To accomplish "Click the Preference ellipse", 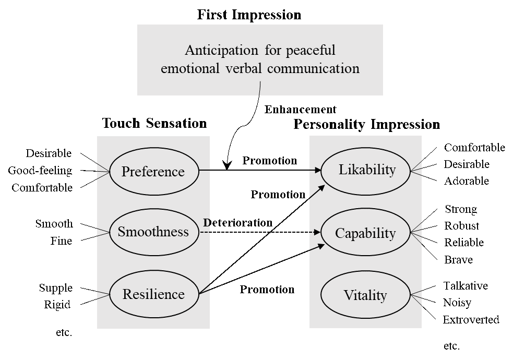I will click(153, 172).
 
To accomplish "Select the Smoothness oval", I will click(153, 232).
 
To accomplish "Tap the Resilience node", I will click(153, 294).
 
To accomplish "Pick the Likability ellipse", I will click(366, 170).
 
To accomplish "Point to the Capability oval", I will click(365, 233).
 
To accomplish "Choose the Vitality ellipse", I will click(365, 295).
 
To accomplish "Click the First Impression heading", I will click(249, 15).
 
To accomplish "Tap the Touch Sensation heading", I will click(154, 124).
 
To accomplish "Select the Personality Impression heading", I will click(366, 125).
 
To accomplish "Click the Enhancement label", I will click(300, 110).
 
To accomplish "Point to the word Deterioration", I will click(237, 223).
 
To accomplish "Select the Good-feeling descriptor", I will click(40, 171).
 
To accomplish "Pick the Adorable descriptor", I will click(467, 181).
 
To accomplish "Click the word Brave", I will click(458, 259).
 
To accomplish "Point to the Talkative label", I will click(466, 286).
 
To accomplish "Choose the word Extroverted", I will click(471, 319).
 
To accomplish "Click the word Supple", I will click(56, 288).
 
